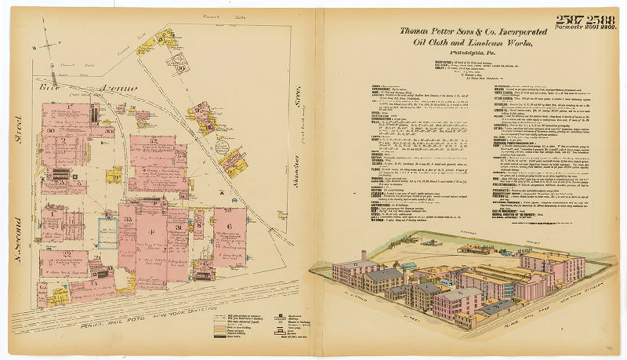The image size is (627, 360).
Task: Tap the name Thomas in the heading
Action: click(x=417, y=31)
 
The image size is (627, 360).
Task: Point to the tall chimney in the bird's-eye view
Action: click(x=363, y=257)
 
